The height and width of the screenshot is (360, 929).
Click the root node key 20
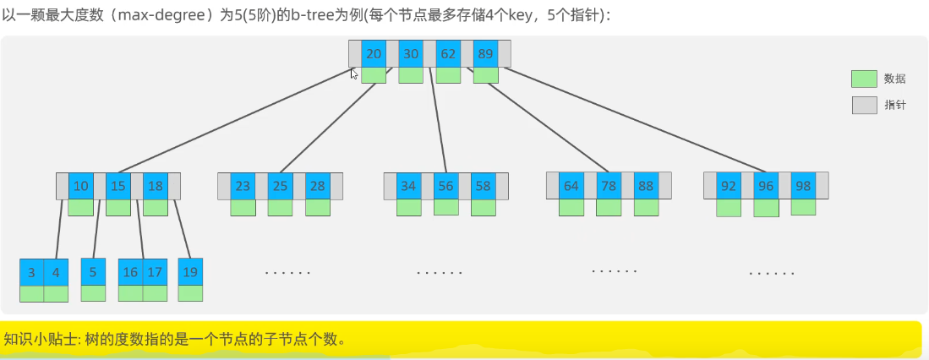(x=374, y=53)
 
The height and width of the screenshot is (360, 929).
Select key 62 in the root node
(x=448, y=53)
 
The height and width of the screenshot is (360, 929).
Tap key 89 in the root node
(x=485, y=53)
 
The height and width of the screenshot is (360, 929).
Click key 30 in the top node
(x=411, y=53)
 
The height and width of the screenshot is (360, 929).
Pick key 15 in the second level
(x=118, y=186)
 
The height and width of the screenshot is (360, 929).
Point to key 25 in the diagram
(x=280, y=186)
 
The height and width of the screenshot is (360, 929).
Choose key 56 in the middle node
(x=445, y=186)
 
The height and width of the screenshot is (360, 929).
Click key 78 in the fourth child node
(x=609, y=186)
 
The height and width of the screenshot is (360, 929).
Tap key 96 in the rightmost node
(x=766, y=186)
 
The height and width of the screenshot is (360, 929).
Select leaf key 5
(x=93, y=272)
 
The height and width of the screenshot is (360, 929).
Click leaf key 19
(x=190, y=272)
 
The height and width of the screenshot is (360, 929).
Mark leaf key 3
(x=31, y=272)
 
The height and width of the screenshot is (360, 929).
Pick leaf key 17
(x=154, y=272)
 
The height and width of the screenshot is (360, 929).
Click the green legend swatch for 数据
(x=864, y=79)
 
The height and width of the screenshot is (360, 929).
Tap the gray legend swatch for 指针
(x=864, y=106)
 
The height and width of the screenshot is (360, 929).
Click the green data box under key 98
(x=803, y=207)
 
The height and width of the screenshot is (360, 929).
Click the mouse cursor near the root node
(x=354, y=74)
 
